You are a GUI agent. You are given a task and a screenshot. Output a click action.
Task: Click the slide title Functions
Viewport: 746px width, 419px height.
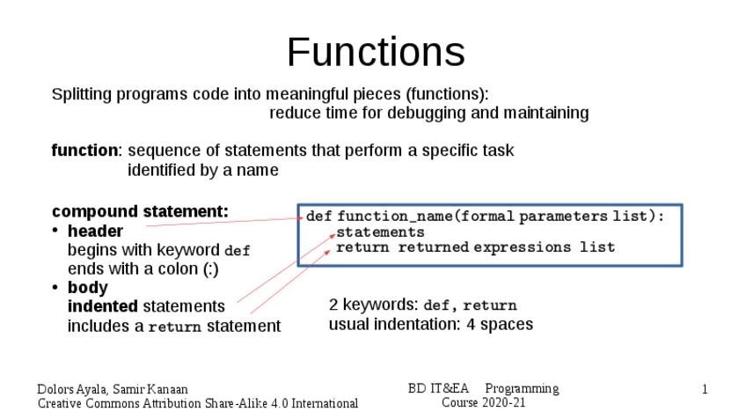(x=376, y=52)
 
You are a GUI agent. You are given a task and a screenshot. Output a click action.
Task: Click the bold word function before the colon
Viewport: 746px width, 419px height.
(x=84, y=151)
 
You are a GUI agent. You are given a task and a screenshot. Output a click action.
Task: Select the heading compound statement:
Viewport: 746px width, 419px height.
(x=140, y=211)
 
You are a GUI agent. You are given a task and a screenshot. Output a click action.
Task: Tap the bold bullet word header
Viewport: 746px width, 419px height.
(x=95, y=232)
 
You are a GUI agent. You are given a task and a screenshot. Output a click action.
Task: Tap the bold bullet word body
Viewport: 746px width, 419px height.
(x=88, y=288)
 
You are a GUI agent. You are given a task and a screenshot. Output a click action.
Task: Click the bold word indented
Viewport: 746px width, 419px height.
(x=102, y=306)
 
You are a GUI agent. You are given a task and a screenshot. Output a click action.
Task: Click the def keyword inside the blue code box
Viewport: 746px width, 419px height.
(x=318, y=217)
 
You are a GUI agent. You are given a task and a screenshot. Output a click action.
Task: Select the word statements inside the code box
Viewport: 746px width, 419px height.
(x=380, y=232)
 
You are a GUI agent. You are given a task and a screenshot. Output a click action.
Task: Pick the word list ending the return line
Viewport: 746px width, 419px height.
(x=597, y=247)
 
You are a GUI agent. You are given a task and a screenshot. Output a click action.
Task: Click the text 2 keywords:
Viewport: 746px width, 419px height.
(x=373, y=305)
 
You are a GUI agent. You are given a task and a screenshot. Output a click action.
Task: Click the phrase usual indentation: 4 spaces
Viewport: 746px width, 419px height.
(x=430, y=324)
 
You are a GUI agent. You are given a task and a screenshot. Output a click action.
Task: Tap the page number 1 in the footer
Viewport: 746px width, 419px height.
(x=705, y=389)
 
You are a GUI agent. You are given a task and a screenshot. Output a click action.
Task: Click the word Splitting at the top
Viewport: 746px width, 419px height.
(x=79, y=94)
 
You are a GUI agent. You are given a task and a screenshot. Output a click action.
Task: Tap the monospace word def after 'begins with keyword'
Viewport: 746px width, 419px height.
(x=238, y=251)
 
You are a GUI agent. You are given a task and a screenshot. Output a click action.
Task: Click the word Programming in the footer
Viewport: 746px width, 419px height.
(x=522, y=388)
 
